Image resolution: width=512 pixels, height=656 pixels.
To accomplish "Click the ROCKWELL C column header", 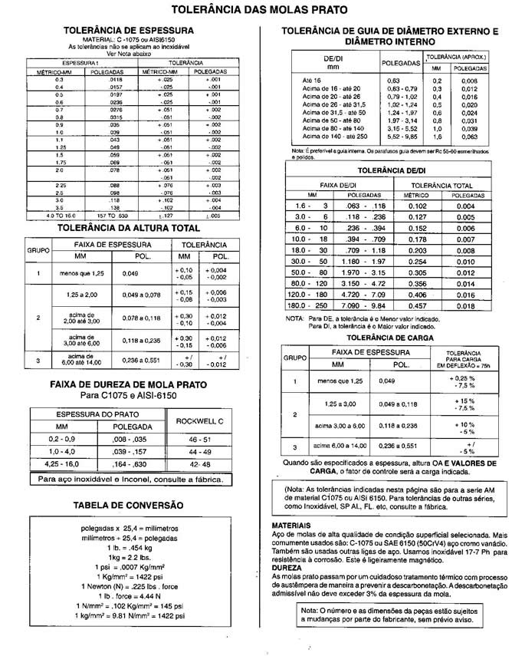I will coord(199,420).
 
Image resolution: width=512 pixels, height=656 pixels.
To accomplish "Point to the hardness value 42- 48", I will coord(199,464).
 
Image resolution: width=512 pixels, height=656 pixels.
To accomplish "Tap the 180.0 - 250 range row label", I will coord(310,305).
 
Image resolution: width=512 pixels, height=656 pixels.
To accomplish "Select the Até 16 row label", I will coord(313,80).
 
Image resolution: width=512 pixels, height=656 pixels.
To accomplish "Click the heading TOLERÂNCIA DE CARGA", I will coord(390,337).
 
